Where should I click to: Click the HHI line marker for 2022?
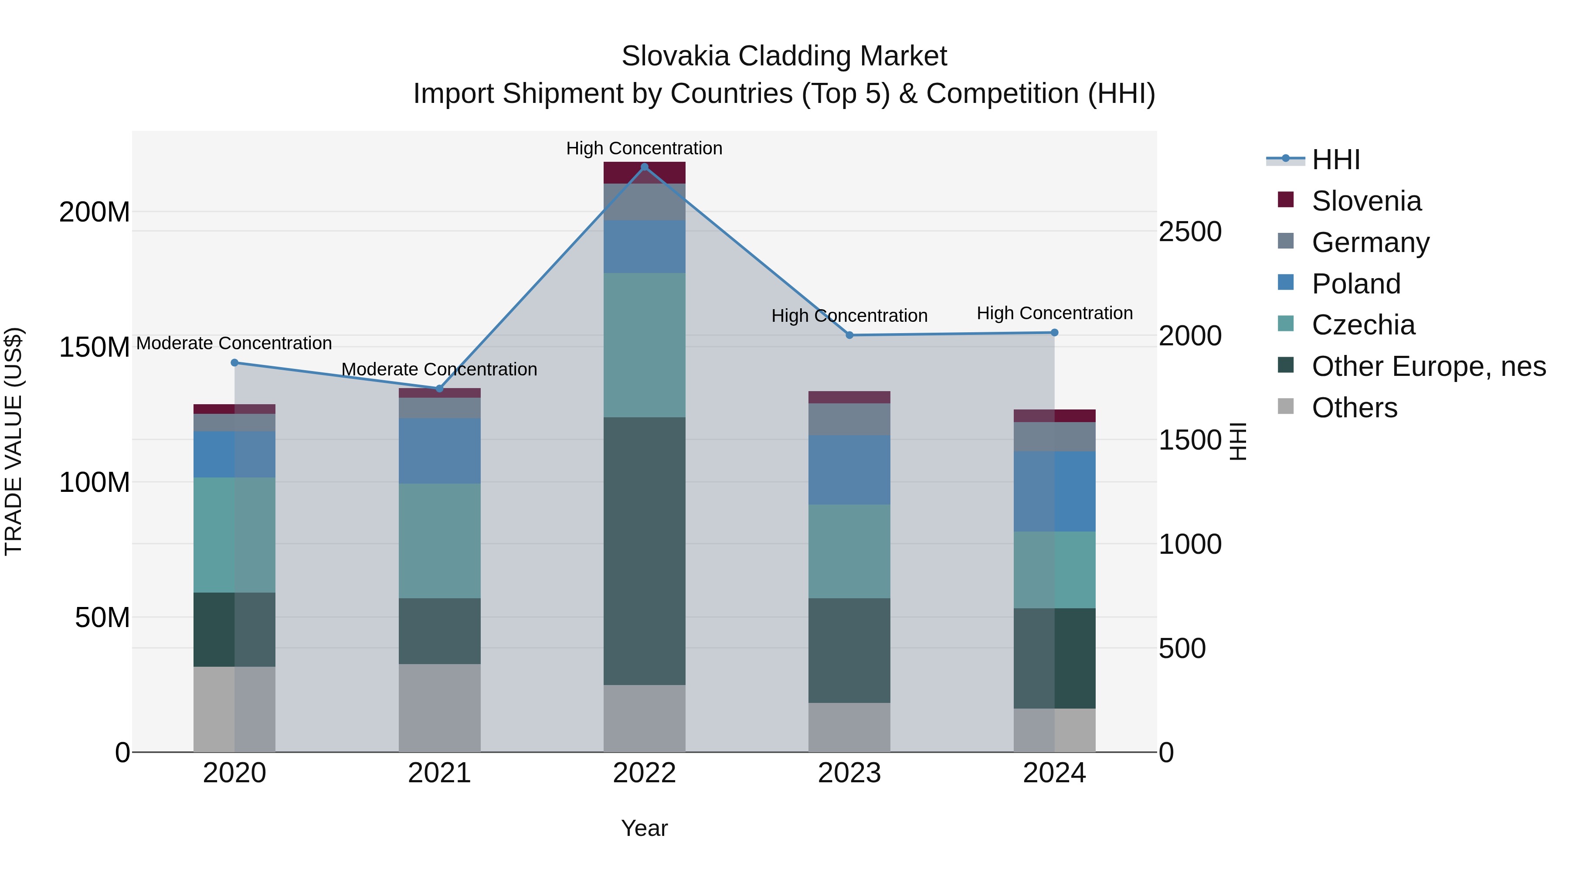(645, 167)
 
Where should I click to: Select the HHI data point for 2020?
(234, 363)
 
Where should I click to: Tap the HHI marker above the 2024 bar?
(1054, 333)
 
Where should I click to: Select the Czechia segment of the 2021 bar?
(439, 541)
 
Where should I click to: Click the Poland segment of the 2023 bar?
(849, 469)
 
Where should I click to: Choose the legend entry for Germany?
(1370, 242)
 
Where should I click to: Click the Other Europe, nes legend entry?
(1428, 366)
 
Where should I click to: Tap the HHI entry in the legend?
(1336, 160)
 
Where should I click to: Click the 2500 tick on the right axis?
(1189, 232)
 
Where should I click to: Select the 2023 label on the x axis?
(849, 773)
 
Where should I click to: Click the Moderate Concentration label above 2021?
(439, 369)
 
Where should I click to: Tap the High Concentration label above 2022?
(645, 148)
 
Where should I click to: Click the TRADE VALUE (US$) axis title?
(14, 441)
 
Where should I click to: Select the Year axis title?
(645, 828)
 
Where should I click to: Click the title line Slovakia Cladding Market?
(784, 56)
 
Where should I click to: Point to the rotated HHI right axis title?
(1238, 441)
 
